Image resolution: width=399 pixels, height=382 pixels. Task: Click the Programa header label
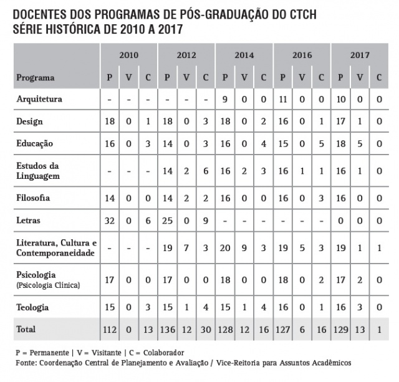click(35, 78)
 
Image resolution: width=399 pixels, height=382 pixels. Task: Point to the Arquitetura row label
click(39, 99)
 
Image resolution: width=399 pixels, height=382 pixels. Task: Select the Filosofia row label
click(33, 198)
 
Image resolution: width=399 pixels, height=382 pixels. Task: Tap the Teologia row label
click(32, 307)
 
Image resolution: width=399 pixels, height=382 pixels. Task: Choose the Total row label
click(26, 329)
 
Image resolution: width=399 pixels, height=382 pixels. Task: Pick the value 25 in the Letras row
click(167, 221)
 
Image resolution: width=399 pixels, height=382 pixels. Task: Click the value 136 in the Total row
click(167, 329)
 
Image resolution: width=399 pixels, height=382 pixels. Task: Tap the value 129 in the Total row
click(340, 329)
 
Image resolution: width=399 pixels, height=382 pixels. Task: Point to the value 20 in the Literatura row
click(225, 247)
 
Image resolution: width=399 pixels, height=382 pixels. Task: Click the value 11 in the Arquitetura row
click(282, 99)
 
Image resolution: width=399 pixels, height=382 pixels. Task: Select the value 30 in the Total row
click(206, 329)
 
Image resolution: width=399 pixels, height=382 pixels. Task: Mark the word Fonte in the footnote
click(26, 362)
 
